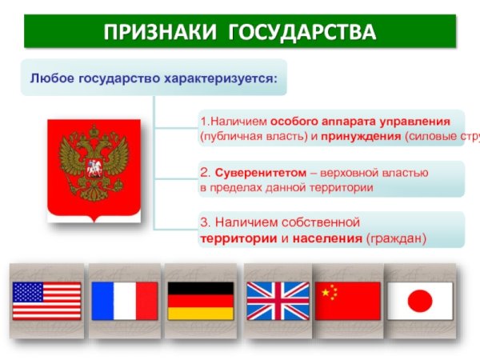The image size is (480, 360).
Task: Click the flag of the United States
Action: coord(46,301)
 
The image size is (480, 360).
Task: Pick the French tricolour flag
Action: coord(124,301)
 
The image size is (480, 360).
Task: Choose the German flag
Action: coord(200,301)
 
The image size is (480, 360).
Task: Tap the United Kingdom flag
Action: coord(277,301)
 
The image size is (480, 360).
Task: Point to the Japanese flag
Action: coord(419,301)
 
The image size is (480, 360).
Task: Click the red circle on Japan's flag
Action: coord(419,301)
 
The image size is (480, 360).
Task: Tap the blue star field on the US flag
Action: coord(26,291)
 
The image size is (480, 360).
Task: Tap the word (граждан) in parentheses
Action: coord(397,238)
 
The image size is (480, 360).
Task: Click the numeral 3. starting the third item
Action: coord(205,222)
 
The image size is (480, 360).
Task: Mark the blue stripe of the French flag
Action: coord(102,301)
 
